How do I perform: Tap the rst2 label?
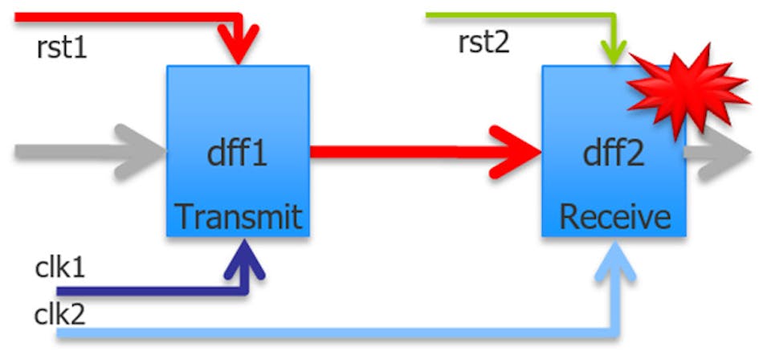click(x=484, y=43)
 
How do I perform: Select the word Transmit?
click(x=238, y=216)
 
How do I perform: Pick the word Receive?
click(x=614, y=216)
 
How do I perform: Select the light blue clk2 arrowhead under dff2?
click(x=614, y=257)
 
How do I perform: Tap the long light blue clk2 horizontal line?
click(x=321, y=331)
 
